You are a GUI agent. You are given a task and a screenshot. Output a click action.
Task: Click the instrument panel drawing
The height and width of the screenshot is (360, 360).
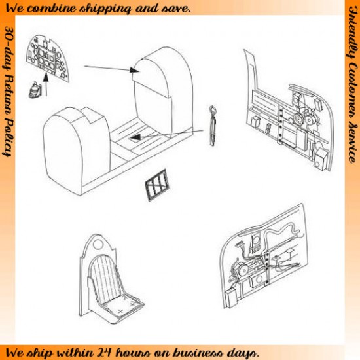pos(48,58)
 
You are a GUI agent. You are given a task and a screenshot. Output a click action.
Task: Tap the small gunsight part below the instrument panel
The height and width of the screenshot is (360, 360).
pos(35,90)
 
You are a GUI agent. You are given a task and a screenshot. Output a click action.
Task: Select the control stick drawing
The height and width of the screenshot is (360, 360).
pos(213,125)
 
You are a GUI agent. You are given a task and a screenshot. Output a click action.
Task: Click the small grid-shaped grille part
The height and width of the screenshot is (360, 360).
pos(156,185)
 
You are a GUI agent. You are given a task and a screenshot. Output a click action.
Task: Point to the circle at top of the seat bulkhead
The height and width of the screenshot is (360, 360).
pos(98,244)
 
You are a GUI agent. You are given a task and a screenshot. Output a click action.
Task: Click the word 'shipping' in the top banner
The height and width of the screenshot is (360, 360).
pos(105,9)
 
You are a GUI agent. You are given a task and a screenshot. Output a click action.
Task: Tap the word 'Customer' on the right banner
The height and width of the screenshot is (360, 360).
pos(353,92)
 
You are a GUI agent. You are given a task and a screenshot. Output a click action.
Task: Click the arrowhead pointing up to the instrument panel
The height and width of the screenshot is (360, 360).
pos(46,77)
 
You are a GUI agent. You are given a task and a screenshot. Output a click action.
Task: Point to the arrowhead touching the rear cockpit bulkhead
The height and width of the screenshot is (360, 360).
pos(134,70)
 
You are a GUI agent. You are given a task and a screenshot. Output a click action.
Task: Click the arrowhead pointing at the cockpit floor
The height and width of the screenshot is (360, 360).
pos(135,137)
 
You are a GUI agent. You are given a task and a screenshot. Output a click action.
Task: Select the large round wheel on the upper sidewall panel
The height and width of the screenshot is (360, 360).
pos(298,118)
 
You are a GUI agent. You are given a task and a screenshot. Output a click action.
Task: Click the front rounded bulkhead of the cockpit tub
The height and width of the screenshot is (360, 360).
pos(76,149)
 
